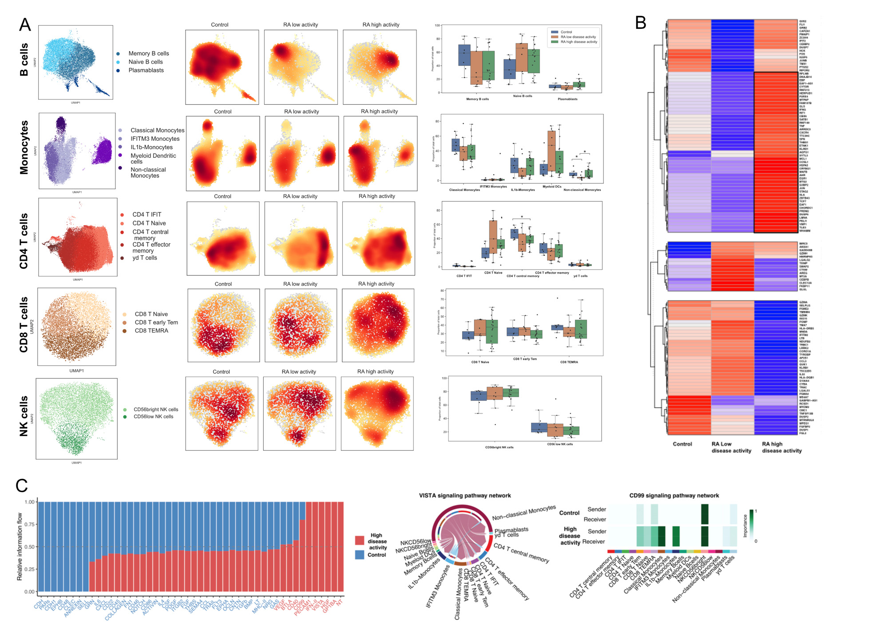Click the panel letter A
tap(25, 25)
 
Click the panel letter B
tap(640, 23)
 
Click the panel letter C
tap(22, 486)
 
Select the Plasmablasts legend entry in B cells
tap(146, 70)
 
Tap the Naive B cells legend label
tap(145, 62)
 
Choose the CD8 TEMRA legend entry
tap(151, 331)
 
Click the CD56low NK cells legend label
tap(153, 417)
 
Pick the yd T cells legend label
tap(145, 258)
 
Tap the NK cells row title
tap(24, 416)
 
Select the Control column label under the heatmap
tap(682, 444)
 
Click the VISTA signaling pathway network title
tap(465, 496)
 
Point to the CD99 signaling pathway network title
tap(674, 496)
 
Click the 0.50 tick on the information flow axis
tap(29, 547)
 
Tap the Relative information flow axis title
tap(20, 547)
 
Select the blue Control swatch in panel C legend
tap(360, 554)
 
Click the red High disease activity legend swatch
tap(360, 541)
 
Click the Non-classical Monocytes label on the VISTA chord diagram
tap(524, 513)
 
